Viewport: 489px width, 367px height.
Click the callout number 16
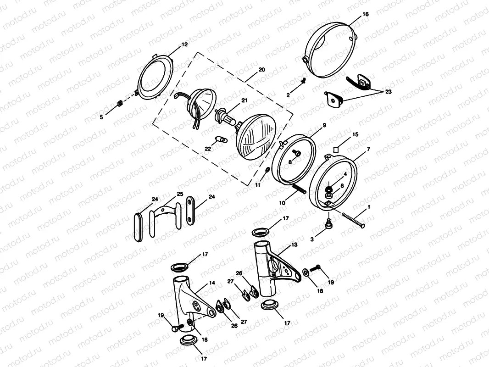pos(365,14)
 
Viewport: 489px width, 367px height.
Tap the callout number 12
pos(184,44)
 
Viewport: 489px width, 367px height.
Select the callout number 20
pos(261,70)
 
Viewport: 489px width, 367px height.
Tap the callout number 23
pos(388,92)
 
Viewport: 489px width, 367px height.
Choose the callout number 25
pos(180,194)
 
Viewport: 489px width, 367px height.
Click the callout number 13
pos(294,245)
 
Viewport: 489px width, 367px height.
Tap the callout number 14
pos(211,284)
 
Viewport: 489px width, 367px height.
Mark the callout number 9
pos(324,125)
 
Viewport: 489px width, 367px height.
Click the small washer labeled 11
pos(267,174)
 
